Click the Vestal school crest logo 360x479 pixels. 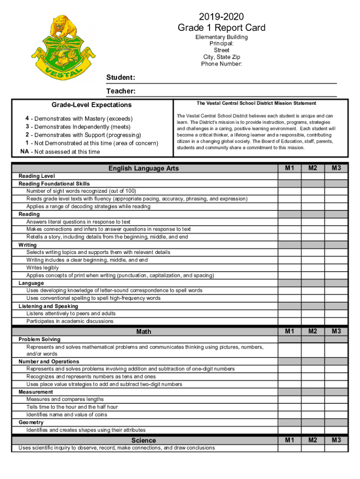click(x=64, y=46)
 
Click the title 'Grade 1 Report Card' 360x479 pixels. click(x=222, y=28)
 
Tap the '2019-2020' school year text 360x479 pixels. click(x=222, y=16)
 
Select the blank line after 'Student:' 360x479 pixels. click(x=236, y=78)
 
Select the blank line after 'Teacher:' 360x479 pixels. click(x=236, y=91)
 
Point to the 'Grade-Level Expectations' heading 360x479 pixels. click(x=92, y=105)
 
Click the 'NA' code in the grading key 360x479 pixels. click(x=25, y=152)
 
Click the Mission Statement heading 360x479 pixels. click(x=256, y=103)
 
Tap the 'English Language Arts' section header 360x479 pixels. click(x=144, y=168)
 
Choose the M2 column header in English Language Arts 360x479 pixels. click(x=313, y=168)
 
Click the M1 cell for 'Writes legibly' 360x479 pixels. click(x=290, y=268)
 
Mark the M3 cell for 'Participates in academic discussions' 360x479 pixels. click(x=336, y=321)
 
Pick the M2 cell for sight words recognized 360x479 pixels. click(x=313, y=191)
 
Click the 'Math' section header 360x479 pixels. click(x=144, y=332)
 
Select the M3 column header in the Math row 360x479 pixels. click(x=336, y=331)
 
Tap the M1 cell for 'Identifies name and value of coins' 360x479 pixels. click(x=290, y=414)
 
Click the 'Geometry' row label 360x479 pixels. click(x=31, y=422)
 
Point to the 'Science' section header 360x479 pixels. click(x=144, y=440)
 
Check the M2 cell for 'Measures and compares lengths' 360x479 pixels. click(x=313, y=399)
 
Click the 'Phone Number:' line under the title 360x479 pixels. click(x=222, y=64)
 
